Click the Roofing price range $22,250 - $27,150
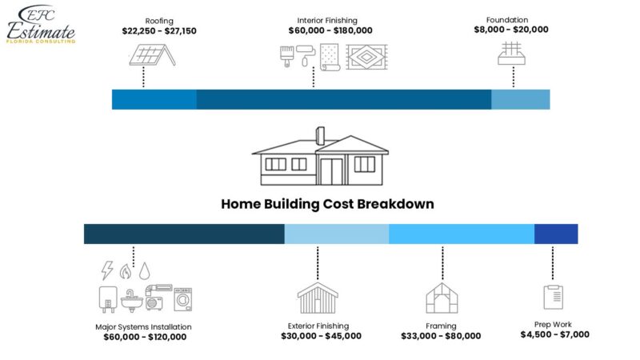pos(159,30)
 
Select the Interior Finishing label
pos(326,20)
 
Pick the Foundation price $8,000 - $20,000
pos(510,30)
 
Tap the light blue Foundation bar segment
pos(520,99)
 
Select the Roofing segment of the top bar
pos(154,99)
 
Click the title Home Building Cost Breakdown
pos(327,204)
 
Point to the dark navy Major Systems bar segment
pos(184,234)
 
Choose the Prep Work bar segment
pos(556,234)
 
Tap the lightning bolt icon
pos(106,270)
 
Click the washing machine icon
pos(184,299)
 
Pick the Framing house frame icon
pos(441,298)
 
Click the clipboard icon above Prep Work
pos(553,296)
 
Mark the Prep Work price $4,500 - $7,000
pos(553,334)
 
